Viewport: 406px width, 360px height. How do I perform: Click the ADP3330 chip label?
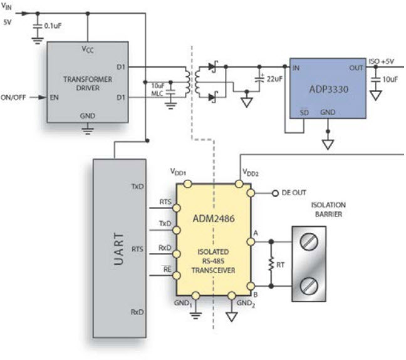tap(328, 90)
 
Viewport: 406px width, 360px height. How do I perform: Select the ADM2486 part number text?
tap(214, 219)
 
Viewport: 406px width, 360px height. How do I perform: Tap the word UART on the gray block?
tap(119, 249)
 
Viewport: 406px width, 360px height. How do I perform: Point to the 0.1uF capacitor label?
tap(53, 26)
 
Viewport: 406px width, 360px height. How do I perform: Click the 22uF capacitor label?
tap(274, 79)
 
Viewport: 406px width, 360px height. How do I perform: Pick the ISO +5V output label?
tap(381, 61)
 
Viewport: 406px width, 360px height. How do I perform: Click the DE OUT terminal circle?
tap(275, 193)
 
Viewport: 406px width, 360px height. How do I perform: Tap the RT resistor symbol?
tap(271, 264)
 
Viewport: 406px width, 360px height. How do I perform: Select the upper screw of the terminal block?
tap(309, 242)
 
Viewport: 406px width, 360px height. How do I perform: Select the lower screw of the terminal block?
tap(309, 285)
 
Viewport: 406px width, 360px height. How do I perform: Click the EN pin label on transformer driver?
tap(55, 98)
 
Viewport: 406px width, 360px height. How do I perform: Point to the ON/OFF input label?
tap(13, 98)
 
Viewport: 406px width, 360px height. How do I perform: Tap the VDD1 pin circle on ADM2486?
tap(187, 184)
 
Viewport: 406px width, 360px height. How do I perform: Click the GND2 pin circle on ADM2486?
tap(231, 296)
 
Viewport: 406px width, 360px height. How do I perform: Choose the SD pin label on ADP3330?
tap(304, 113)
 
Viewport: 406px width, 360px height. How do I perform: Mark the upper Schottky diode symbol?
tap(213, 66)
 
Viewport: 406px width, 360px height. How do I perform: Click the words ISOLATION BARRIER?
tap(328, 210)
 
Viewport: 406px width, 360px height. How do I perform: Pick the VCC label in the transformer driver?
tap(88, 49)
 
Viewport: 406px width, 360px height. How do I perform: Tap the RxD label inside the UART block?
tap(137, 312)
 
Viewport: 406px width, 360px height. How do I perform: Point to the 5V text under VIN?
tap(8, 23)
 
